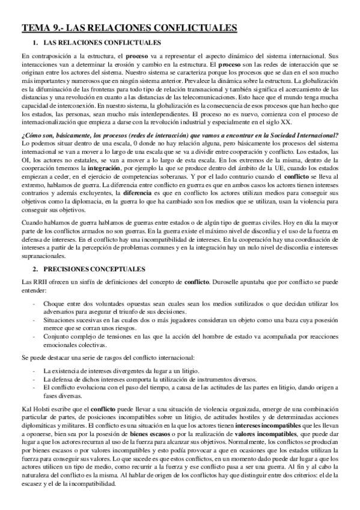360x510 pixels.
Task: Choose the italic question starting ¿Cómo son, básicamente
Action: [180, 135]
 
